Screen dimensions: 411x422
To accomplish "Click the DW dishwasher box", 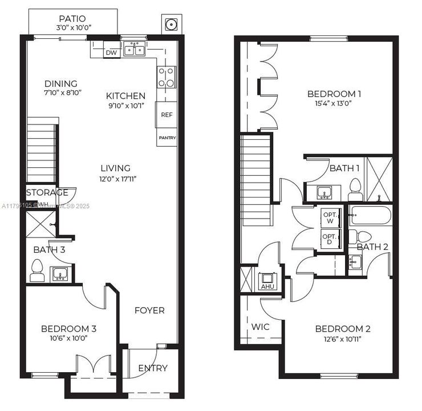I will [111, 53].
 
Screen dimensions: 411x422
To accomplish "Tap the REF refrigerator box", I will [166, 115].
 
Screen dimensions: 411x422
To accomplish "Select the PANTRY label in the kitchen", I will [167, 138].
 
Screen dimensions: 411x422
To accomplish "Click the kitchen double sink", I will [135, 49].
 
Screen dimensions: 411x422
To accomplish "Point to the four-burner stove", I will [166, 77].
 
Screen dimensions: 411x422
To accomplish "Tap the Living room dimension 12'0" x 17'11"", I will [116, 179].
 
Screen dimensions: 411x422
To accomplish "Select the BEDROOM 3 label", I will [68, 329].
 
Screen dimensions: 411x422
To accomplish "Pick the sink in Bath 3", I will [60, 275].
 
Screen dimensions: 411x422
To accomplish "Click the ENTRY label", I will [153, 368].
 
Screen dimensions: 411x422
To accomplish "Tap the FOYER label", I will [149, 311].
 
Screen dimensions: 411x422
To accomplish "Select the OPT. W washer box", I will [329, 217].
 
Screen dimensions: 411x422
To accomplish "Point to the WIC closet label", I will [260, 327].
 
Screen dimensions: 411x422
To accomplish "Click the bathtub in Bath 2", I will [370, 216].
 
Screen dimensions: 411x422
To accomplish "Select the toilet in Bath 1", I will [355, 188].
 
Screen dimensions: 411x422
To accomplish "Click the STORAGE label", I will [47, 192].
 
